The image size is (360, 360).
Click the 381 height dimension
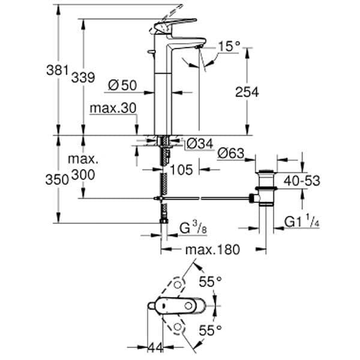point(58,70)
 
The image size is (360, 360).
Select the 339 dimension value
point(83,77)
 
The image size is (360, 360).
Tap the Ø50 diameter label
point(122,85)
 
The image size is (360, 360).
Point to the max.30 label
point(113,108)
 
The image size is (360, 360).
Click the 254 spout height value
point(247,92)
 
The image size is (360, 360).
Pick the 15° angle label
point(229,46)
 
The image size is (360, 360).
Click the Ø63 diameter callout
point(231,153)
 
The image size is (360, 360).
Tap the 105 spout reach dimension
point(181,170)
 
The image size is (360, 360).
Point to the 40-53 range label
point(302,181)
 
